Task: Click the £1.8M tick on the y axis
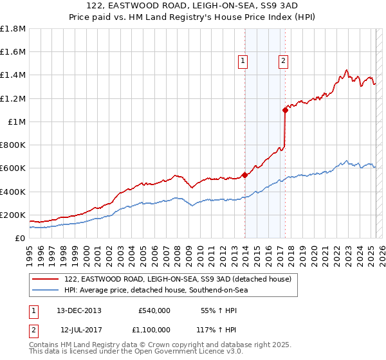[13, 29]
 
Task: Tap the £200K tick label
[13, 215]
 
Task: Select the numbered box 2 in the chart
[283, 62]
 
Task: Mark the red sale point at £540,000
[244, 175]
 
